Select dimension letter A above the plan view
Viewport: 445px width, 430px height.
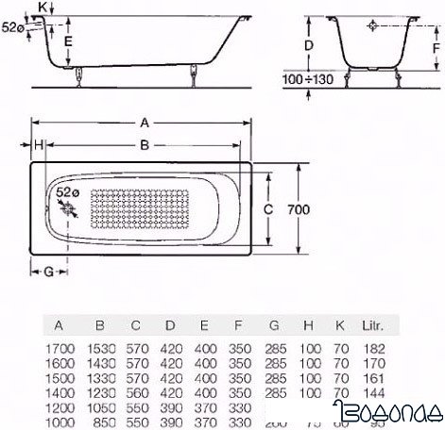(x=143, y=122)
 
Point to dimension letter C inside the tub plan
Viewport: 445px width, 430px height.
(x=268, y=208)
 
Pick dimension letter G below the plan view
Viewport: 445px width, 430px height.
(x=46, y=271)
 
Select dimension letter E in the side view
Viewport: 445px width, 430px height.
(x=67, y=41)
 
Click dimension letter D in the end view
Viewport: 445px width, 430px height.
(x=309, y=44)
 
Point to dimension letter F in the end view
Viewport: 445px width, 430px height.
(x=435, y=44)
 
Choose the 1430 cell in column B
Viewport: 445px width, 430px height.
(x=102, y=363)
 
